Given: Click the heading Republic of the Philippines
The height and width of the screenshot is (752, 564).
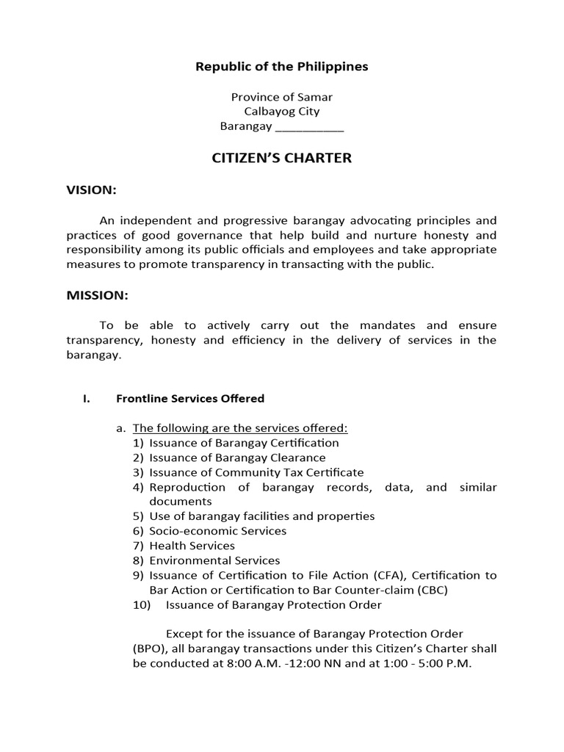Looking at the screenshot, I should [281, 67].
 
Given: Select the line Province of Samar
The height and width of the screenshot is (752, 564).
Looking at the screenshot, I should [281, 97].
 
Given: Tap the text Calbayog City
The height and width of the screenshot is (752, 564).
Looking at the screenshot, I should [281, 112].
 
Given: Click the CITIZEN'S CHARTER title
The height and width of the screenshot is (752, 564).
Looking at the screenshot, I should [281, 159].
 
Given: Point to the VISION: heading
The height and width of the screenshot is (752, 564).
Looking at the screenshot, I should [92, 190].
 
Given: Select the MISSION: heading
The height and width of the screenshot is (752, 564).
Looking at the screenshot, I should [98, 296].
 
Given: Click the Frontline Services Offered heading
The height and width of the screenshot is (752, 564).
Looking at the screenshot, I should [190, 399].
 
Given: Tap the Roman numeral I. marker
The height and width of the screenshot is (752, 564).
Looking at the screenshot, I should [86, 399].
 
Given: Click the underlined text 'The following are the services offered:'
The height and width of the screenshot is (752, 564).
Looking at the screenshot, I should [240, 428].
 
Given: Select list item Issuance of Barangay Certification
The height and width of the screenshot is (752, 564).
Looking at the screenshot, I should [244, 443].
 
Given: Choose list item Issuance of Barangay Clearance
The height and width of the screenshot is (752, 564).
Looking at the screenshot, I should [237, 458].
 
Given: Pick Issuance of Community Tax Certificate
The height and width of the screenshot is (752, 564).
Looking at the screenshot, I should [256, 472].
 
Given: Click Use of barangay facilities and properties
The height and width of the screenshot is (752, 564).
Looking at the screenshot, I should [261, 516].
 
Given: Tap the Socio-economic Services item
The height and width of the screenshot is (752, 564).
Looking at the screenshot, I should [217, 531].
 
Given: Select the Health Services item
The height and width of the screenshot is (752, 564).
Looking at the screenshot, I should [192, 546].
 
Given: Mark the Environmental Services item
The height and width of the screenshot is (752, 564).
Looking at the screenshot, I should [214, 560].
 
